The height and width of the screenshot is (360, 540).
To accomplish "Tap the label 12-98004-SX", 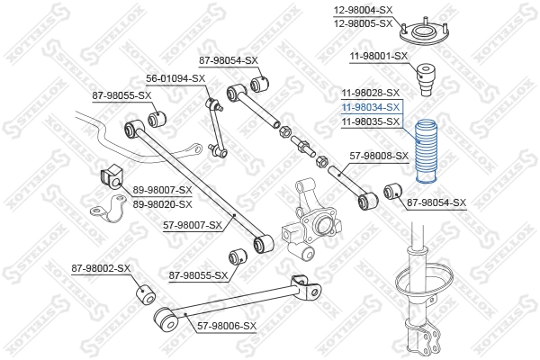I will click(364, 10).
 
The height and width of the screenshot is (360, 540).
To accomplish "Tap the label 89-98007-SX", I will click(162, 190).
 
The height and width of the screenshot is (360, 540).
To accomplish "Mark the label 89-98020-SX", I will click(162, 203).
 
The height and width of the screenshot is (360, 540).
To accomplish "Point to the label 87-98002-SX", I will click(101, 268).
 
